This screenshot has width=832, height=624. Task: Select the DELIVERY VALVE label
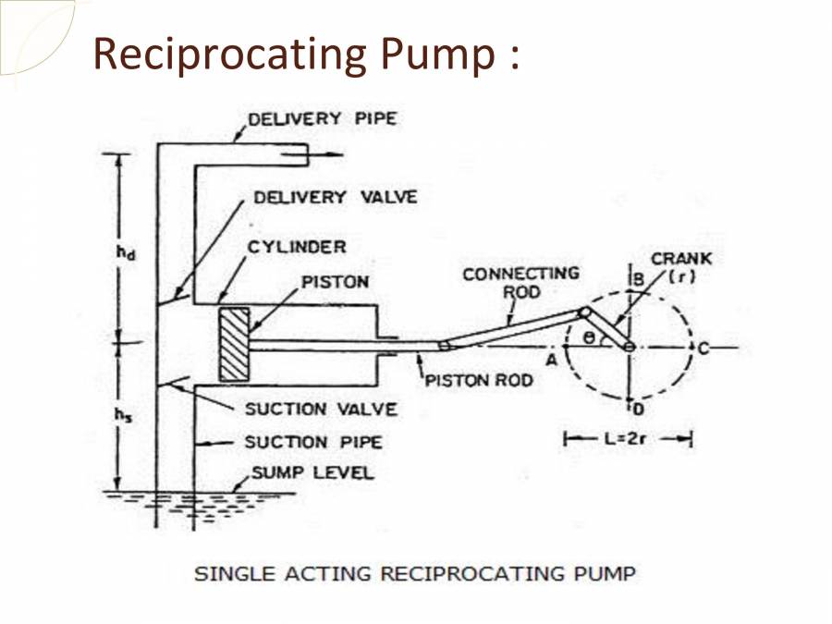coord(336,197)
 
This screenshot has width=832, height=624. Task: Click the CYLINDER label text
coord(296,247)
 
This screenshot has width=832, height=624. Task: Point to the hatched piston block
coord(235,344)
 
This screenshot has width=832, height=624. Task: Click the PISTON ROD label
coord(478,380)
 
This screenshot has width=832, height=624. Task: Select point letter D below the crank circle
coord(633,409)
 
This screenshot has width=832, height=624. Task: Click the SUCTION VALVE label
coord(321,409)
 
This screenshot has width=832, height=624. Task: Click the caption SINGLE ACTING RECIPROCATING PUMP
coord(414,574)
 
